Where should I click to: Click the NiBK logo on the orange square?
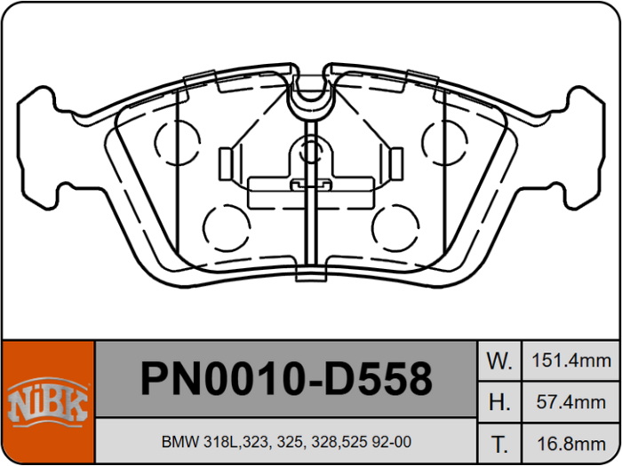[x=48, y=402]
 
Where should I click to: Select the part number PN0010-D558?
[x=286, y=379]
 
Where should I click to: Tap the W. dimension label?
[x=499, y=361]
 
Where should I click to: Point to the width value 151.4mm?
[x=571, y=361]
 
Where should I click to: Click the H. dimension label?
[x=499, y=402]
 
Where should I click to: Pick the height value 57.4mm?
[x=571, y=402]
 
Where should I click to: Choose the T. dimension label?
[x=499, y=443]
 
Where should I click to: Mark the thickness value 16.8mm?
[x=571, y=443]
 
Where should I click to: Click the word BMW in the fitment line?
[x=176, y=442]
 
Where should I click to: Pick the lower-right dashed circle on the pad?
[x=395, y=226]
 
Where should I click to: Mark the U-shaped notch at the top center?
[x=310, y=93]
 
